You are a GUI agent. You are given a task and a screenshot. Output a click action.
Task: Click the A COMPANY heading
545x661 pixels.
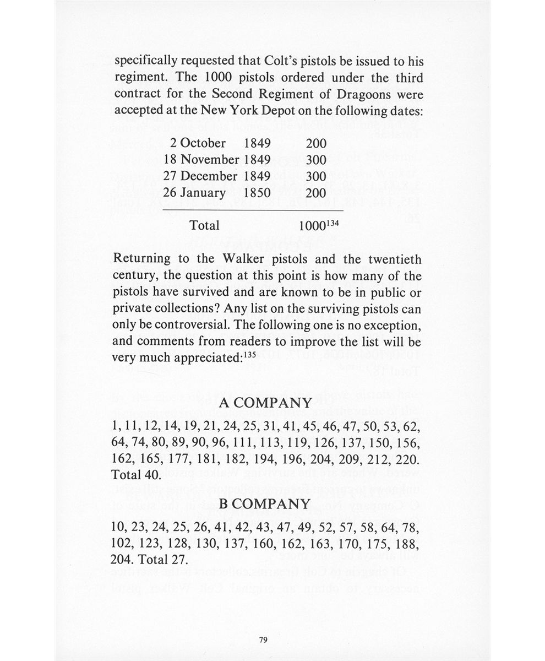(x=265, y=403)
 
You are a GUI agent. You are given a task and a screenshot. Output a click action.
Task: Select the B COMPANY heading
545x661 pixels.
(x=265, y=503)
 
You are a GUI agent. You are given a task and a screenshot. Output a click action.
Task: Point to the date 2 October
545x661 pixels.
(x=198, y=143)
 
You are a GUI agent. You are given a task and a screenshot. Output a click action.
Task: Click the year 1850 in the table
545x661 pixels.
(x=257, y=193)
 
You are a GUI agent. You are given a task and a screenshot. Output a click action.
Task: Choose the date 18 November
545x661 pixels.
(x=201, y=160)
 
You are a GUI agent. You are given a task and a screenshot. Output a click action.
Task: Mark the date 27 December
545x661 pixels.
(x=201, y=176)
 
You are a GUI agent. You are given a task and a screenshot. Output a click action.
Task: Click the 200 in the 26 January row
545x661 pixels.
(x=316, y=193)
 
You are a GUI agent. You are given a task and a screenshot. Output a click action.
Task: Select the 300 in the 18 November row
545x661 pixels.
(x=316, y=160)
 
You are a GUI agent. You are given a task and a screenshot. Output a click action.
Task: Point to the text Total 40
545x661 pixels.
(x=135, y=474)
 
